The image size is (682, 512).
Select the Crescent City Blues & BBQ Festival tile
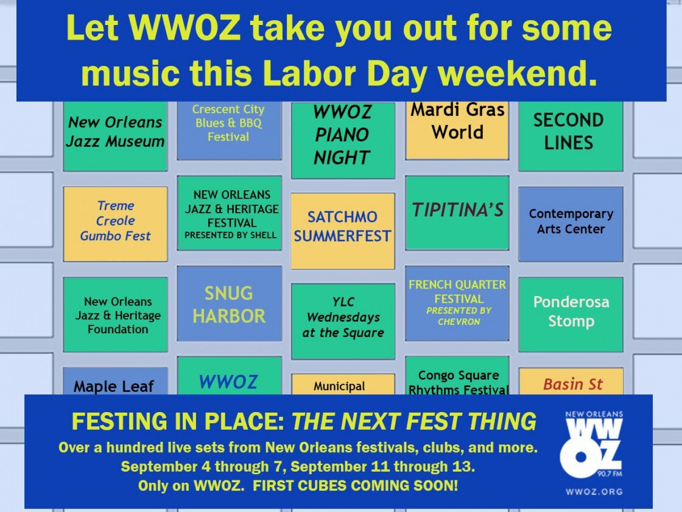[229, 130]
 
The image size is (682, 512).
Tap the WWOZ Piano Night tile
[343, 140]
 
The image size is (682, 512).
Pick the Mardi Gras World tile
[457, 130]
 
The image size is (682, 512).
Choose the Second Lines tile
[571, 136]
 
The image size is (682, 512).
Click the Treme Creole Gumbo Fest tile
[115, 224]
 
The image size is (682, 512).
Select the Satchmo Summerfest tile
[343, 231]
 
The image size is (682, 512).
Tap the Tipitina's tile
[457, 213]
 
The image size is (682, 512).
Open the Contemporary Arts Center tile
[571, 224]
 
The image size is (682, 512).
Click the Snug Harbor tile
[229, 303]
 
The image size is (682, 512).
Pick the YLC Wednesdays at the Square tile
[343, 321]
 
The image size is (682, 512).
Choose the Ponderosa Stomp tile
[571, 314]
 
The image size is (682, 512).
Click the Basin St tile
[571, 382]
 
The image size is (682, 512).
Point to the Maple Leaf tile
[115, 382]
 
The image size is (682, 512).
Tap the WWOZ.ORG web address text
[594, 491]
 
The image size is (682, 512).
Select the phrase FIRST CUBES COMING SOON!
[356, 485]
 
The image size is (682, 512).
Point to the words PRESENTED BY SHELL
[231, 235]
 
